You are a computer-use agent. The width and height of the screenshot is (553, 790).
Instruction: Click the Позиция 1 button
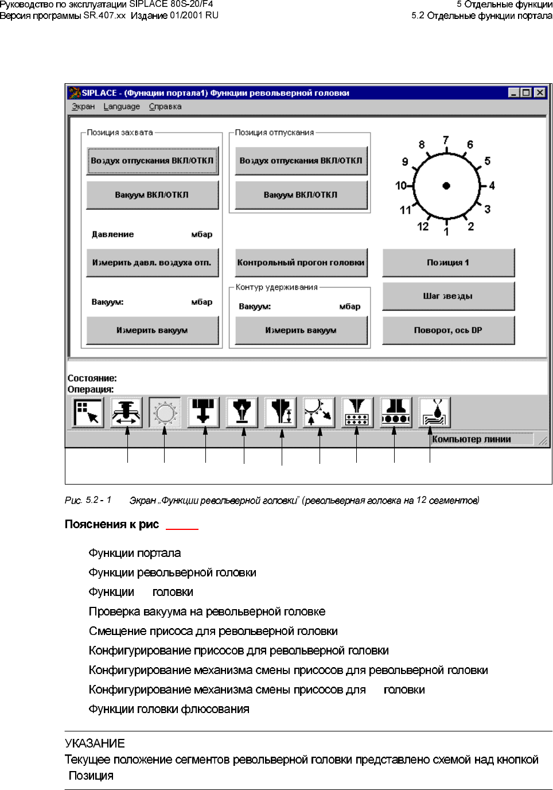click(448, 262)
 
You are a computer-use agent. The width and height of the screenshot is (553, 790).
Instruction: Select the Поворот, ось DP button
click(448, 330)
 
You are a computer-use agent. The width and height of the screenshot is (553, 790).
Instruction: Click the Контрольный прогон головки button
click(301, 262)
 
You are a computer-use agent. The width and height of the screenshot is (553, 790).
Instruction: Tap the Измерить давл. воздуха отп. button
click(152, 262)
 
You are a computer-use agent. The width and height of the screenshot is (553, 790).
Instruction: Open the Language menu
click(122, 106)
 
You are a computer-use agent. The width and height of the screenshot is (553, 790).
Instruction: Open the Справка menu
click(165, 106)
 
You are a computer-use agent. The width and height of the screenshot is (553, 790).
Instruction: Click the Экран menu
click(83, 106)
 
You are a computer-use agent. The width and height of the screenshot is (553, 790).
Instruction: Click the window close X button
click(540, 92)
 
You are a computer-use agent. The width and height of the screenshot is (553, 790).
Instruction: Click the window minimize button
click(514, 92)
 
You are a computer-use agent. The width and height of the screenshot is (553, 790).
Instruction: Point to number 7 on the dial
click(446, 140)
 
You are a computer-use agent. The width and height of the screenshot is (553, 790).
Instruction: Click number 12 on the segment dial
click(423, 226)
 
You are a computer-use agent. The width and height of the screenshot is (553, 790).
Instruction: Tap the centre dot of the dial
click(446, 185)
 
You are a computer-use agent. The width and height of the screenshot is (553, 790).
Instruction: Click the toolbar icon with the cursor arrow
click(88, 412)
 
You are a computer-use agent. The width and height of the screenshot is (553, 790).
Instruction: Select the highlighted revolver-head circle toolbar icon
click(165, 412)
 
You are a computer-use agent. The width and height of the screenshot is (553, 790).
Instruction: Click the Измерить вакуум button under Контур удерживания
click(301, 330)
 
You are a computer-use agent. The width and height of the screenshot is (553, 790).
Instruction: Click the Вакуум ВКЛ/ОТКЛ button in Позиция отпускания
click(301, 195)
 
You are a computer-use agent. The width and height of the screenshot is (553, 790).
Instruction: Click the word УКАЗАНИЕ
click(95, 743)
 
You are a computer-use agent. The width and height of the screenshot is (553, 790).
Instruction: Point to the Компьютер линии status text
click(472, 439)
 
